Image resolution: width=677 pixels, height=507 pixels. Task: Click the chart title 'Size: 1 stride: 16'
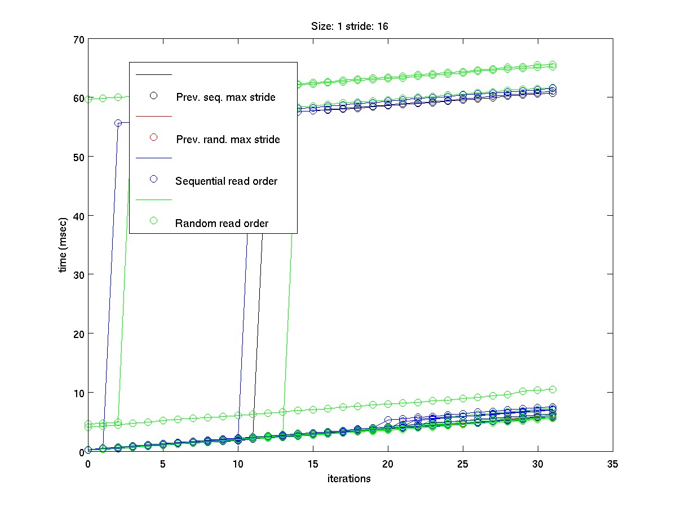click(x=349, y=26)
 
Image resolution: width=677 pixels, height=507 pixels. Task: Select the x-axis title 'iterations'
click(x=349, y=479)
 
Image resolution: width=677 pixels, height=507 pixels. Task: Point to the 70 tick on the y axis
click(x=77, y=39)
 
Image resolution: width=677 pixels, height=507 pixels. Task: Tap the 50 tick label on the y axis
click(x=77, y=157)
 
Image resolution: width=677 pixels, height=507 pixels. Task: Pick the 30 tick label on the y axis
click(x=77, y=274)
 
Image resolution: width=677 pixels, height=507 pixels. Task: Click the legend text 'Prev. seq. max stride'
click(x=225, y=97)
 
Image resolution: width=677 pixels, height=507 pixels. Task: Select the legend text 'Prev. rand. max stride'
click(x=228, y=139)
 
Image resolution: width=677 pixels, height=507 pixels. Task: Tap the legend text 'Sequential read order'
click(x=226, y=181)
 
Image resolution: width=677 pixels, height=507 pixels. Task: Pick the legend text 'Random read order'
click(x=222, y=223)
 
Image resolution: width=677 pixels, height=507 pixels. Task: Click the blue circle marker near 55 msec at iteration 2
click(x=118, y=123)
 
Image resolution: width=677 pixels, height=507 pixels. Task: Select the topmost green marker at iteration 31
click(x=553, y=65)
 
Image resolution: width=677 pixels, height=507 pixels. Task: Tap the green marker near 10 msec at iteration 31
click(x=553, y=389)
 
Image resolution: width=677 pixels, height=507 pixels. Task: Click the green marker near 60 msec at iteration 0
click(x=89, y=99)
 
